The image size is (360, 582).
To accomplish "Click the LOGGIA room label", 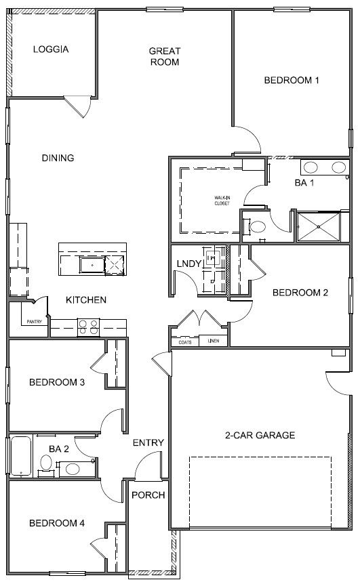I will pyautogui.click(x=52, y=49).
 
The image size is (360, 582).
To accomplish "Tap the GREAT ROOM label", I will pyautogui.click(x=164, y=56).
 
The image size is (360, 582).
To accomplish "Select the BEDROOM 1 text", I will pyautogui.click(x=291, y=80).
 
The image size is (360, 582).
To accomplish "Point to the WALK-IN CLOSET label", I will pyautogui.click(x=222, y=201).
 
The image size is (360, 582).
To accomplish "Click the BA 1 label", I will pyautogui.click(x=304, y=183).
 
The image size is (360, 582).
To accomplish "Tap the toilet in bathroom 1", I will pyautogui.click(x=258, y=227).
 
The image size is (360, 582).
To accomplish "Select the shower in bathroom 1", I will pyautogui.click(x=319, y=225).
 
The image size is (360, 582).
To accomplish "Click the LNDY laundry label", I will pyautogui.click(x=188, y=264).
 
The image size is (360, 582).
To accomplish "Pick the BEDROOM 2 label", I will pyautogui.click(x=300, y=293).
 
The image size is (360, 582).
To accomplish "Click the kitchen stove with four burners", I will pyautogui.click(x=89, y=327).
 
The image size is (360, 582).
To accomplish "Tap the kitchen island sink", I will pyautogui.click(x=88, y=264).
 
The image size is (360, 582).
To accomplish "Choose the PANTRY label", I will pyautogui.click(x=35, y=322).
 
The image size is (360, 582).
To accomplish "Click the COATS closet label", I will pyautogui.click(x=184, y=341).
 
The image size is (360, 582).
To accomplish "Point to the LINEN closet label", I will pyautogui.click(x=214, y=341).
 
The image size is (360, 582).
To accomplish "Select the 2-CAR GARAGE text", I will pyautogui.click(x=260, y=435).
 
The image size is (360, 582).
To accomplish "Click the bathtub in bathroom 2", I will pyautogui.click(x=20, y=456).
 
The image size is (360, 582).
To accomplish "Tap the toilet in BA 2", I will pyautogui.click(x=46, y=463).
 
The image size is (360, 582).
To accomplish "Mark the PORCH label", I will pyautogui.click(x=148, y=495).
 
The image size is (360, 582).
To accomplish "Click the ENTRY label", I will pyautogui.click(x=148, y=442).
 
